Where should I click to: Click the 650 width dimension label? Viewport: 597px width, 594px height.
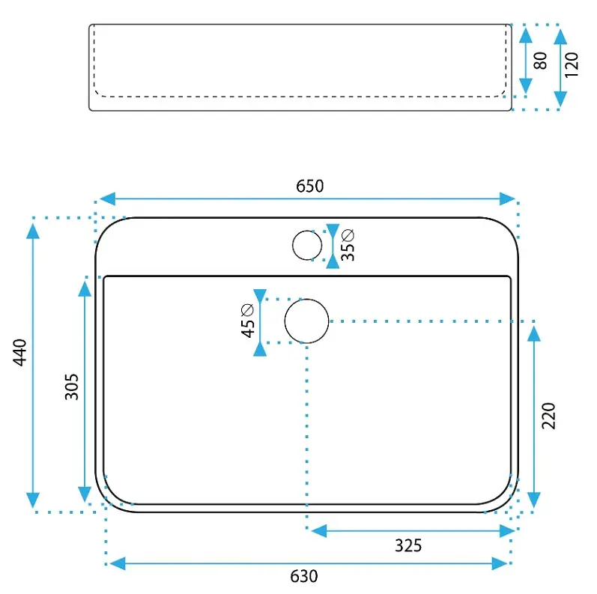tap(310, 187)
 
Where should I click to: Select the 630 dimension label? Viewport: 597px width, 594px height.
tap(304, 576)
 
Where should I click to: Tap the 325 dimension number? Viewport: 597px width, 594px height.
tap(408, 545)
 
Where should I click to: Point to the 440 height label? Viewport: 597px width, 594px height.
tap(19, 352)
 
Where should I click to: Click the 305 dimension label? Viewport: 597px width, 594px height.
tap(72, 387)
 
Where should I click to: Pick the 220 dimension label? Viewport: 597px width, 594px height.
tap(548, 416)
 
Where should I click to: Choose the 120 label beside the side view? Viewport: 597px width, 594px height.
tap(572, 65)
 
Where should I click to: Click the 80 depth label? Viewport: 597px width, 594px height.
tap(540, 61)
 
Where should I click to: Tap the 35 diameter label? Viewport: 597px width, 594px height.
tap(348, 245)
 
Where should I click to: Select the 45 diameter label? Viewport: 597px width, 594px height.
tap(247, 321)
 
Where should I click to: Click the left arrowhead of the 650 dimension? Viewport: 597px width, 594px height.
tap(107, 198)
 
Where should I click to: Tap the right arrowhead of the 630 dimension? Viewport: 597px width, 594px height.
tap(500, 563)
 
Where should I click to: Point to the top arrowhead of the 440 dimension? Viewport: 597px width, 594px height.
tap(33, 231)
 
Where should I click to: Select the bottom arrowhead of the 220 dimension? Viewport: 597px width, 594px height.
tap(534, 500)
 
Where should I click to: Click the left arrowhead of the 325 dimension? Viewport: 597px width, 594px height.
tap(318, 531)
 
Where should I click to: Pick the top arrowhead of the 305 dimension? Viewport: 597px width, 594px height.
tap(85, 288)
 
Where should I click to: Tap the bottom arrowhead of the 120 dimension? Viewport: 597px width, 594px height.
tap(560, 100)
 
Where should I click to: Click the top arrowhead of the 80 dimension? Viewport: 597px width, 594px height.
tap(526, 35)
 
